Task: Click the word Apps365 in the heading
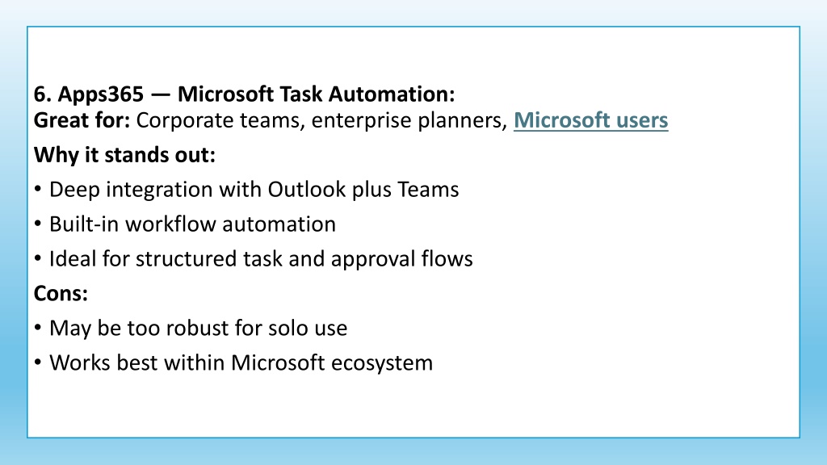(101, 95)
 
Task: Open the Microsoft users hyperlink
(590, 120)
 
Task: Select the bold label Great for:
(82, 120)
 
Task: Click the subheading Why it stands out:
(124, 155)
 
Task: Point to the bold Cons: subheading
(61, 294)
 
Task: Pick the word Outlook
(306, 190)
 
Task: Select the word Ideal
(73, 259)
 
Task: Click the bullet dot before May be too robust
(37, 328)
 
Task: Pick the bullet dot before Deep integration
(37, 189)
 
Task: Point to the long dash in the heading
(161, 95)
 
